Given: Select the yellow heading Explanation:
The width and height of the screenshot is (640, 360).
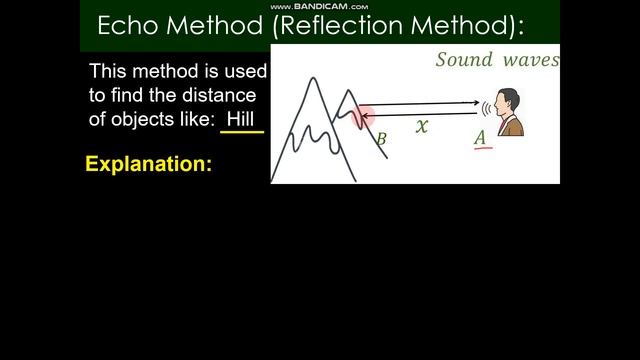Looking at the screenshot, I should [149, 164].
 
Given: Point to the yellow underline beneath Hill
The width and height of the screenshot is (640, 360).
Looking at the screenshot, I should [242, 132].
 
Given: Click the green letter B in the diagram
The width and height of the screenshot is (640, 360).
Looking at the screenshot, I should [380, 140].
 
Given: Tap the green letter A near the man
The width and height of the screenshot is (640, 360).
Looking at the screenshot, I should [481, 136].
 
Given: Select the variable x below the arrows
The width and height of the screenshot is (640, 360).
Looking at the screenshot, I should [422, 126].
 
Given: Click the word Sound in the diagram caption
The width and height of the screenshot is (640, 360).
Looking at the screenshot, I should [464, 60].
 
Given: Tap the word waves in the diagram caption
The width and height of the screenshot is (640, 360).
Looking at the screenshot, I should [530, 60].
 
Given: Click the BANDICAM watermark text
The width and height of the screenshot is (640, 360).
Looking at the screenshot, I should [319, 6].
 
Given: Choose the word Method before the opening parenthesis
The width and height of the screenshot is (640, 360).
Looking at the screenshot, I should [216, 26].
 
